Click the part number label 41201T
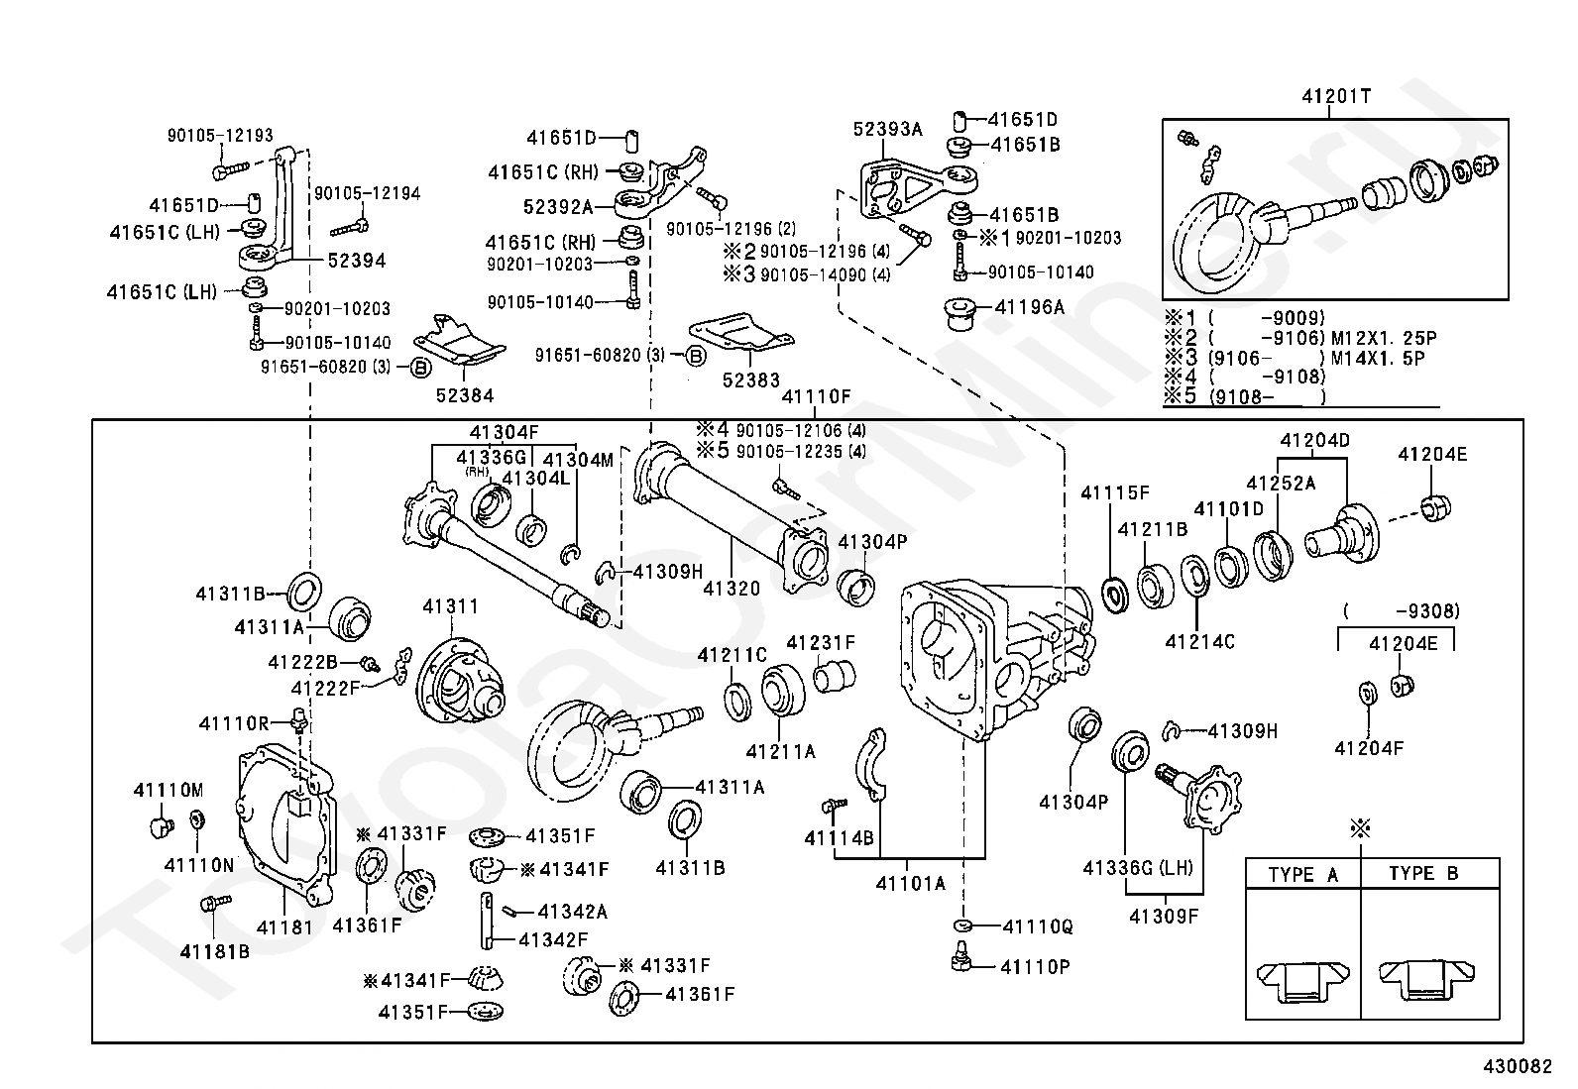1336,96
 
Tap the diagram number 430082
1518,1066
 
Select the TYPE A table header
1302,874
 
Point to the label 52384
465,395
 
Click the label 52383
751,381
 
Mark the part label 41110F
817,397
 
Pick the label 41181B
215,951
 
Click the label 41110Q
1038,927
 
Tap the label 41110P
1036,967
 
